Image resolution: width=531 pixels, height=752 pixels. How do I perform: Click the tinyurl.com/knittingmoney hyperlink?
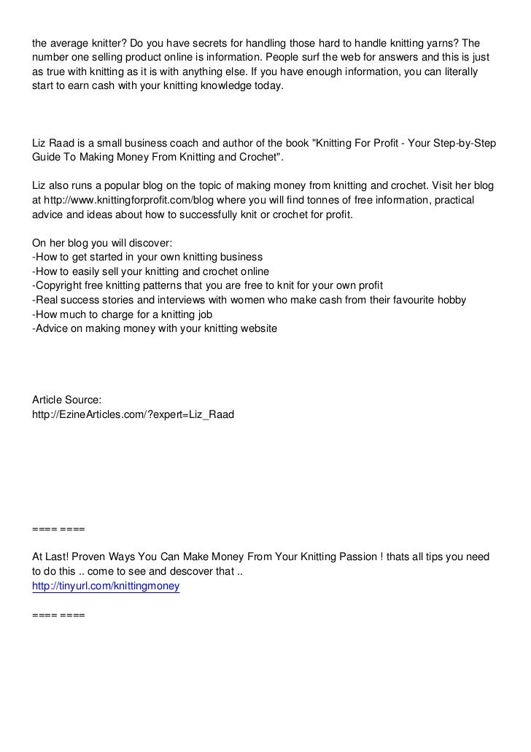click(x=106, y=586)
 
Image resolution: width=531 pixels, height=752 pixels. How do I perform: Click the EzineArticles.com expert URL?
click(x=133, y=414)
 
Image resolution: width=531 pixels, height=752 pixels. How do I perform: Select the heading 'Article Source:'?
click(x=67, y=399)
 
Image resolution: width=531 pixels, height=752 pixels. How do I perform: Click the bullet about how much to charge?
click(x=122, y=314)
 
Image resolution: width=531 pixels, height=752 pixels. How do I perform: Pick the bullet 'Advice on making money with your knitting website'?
click(x=155, y=328)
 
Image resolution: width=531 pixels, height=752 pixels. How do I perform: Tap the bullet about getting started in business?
click(x=147, y=257)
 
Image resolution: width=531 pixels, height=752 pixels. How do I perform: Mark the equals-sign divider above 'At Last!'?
click(x=58, y=527)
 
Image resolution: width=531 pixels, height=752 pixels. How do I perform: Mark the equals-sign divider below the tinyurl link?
click(x=58, y=615)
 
